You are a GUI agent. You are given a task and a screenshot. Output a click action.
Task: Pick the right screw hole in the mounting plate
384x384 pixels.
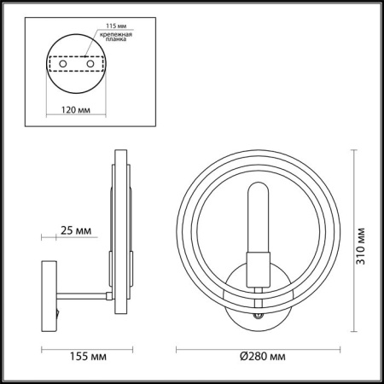coord(87,63)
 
